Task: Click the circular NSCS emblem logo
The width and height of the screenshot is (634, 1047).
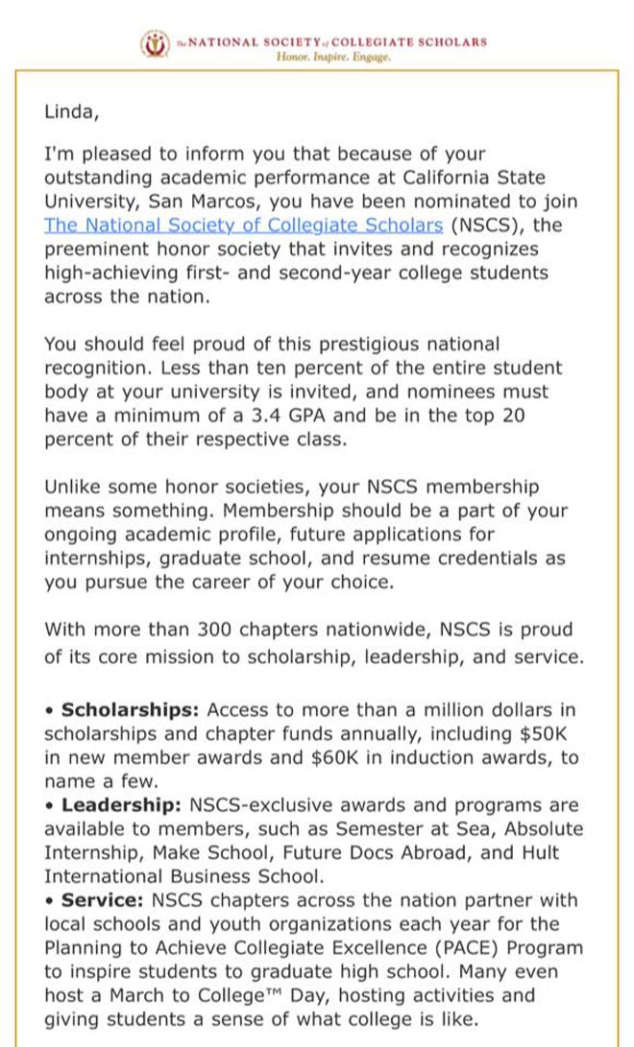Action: tap(154, 44)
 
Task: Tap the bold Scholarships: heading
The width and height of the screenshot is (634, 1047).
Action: tap(130, 710)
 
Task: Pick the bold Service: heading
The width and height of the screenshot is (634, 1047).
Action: tap(102, 900)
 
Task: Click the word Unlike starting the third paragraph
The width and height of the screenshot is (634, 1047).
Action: tap(74, 487)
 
